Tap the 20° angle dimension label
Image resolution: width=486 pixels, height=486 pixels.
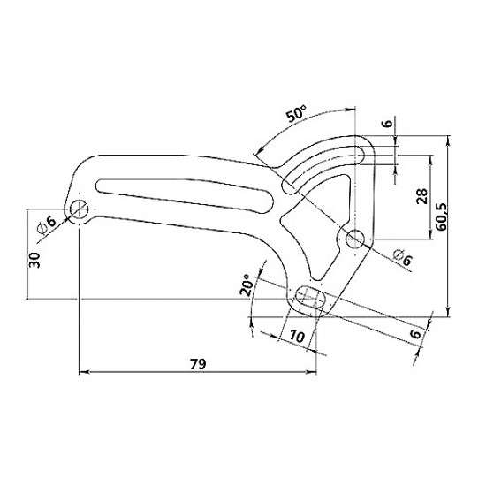(x=248, y=285)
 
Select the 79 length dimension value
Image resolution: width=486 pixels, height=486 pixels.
(x=198, y=362)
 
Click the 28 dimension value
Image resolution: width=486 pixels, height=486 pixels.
(x=421, y=198)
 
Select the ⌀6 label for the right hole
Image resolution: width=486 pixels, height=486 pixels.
(x=399, y=257)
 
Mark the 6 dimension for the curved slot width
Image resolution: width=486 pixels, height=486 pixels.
(x=386, y=124)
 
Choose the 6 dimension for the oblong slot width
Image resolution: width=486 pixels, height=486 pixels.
(x=414, y=334)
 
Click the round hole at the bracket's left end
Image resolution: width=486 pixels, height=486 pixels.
(x=80, y=209)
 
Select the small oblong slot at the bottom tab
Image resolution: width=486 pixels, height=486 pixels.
(x=308, y=297)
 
